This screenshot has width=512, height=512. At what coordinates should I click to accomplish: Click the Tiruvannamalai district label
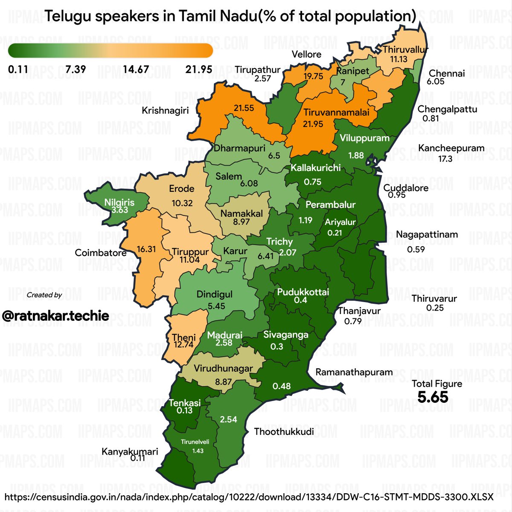(336, 113)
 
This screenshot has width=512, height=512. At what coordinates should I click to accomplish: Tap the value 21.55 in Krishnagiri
(244, 108)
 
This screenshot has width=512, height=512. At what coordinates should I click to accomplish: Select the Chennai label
(447, 73)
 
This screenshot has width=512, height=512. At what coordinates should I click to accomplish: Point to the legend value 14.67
(136, 69)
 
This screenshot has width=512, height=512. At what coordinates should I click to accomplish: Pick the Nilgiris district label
(120, 202)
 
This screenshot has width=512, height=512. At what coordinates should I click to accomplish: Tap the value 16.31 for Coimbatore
(146, 249)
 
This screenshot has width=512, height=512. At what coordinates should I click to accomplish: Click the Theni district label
(184, 338)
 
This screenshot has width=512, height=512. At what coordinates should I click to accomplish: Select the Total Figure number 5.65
(433, 397)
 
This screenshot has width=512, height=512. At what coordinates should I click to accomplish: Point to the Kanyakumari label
(130, 451)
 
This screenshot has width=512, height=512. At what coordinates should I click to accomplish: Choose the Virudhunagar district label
(223, 368)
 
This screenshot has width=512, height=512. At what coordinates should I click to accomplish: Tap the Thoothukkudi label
(284, 431)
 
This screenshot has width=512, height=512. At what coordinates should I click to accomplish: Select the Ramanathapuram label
(354, 372)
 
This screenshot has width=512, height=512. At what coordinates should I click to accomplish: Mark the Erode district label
(181, 189)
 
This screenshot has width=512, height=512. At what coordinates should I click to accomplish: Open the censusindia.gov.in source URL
(249, 497)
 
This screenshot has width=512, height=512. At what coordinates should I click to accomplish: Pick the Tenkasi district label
(184, 403)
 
